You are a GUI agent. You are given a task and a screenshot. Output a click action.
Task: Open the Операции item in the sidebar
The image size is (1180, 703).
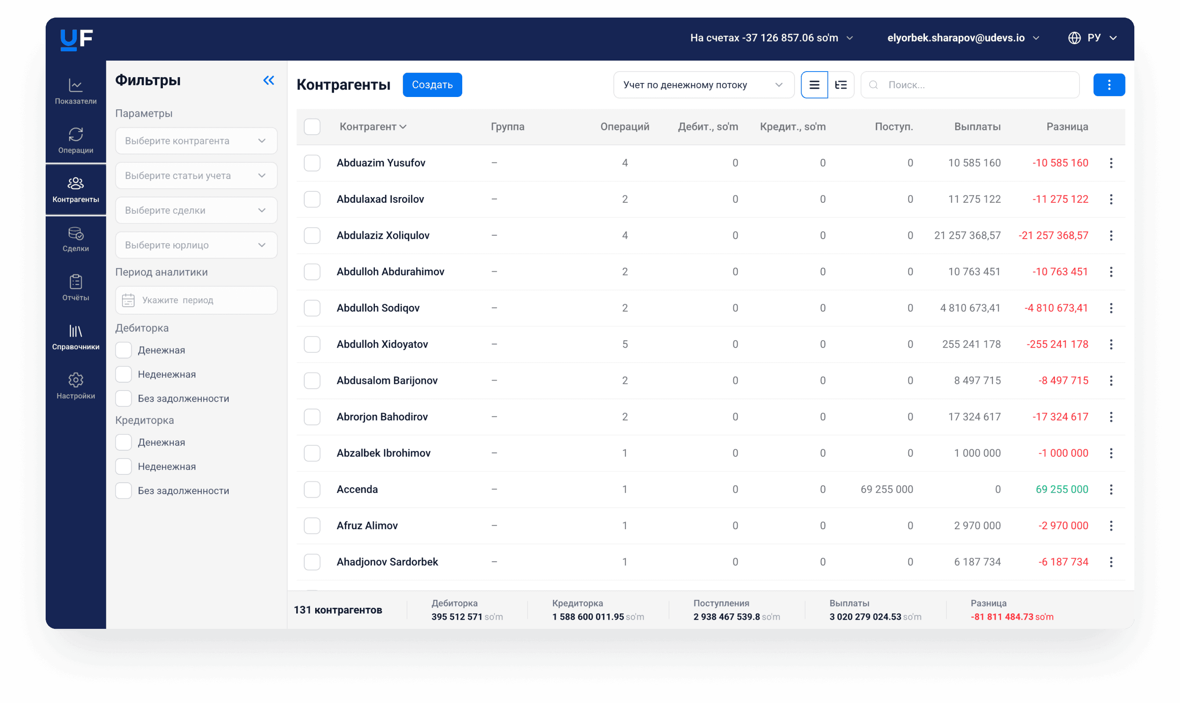76,140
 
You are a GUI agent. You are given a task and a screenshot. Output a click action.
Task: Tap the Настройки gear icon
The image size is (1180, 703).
76,380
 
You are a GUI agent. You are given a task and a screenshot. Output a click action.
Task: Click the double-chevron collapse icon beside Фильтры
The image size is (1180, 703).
269,81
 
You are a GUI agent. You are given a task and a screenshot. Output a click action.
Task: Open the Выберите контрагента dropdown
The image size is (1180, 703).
196,141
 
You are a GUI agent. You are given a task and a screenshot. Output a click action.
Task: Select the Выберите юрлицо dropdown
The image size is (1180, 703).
196,245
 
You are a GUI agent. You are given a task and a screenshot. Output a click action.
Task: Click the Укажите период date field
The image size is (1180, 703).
196,300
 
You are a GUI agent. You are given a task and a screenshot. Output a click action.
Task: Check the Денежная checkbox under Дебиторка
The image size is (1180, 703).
124,350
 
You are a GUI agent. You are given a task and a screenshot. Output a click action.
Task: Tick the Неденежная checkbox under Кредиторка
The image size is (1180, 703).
124,466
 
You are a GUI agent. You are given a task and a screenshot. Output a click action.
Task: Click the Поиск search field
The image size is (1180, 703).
970,85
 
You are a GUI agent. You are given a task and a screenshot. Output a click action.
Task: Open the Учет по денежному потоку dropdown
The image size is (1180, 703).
703,85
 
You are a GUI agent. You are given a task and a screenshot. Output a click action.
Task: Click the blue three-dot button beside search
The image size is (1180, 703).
1109,85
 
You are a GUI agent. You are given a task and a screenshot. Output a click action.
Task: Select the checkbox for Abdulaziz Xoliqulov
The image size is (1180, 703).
312,236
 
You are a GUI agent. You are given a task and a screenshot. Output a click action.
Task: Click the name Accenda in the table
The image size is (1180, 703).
357,489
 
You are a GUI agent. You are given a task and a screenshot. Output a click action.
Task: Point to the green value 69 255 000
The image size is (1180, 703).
1062,489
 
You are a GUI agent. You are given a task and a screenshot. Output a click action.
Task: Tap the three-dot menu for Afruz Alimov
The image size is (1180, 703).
1111,526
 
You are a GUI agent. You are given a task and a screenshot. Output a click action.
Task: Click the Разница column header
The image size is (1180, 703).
1067,126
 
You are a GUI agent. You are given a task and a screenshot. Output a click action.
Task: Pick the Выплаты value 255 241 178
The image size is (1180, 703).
971,344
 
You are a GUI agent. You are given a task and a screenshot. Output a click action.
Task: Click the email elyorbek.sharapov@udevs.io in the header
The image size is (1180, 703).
956,38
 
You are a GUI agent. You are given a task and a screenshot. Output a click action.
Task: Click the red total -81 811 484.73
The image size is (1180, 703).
1002,617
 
